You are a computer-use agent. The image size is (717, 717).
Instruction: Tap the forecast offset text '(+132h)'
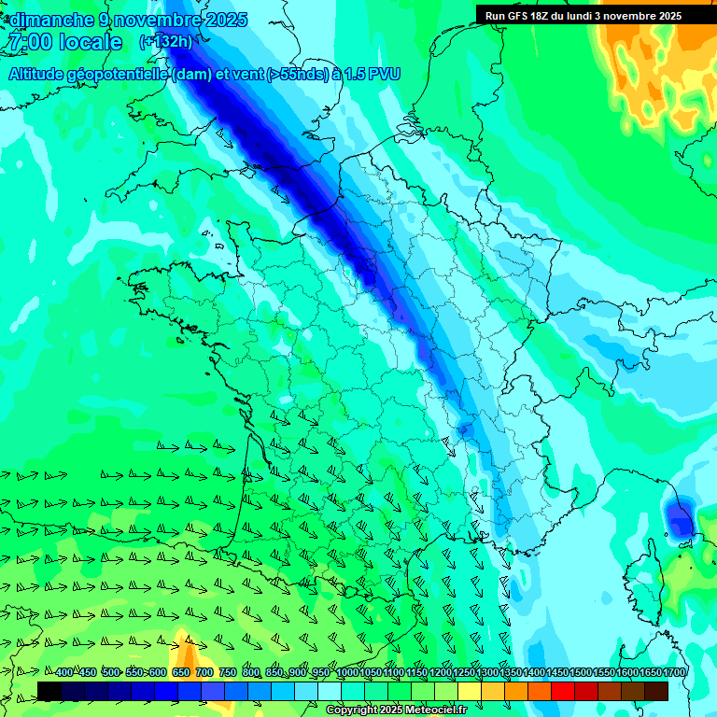[165, 41]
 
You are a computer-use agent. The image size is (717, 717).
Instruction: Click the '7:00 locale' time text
[64, 42]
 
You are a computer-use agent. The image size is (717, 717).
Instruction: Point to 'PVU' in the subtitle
[384, 75]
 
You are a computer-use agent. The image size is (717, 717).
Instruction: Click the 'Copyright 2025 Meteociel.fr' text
[396, 710]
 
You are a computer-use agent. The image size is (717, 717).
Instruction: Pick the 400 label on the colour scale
[63, 673]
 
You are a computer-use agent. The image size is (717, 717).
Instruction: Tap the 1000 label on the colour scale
[347, 673]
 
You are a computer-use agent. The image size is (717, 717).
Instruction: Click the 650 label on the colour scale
[181, 673]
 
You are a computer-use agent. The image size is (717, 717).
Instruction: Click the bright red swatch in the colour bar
[563, 691]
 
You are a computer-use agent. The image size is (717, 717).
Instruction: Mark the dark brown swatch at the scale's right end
[656, 691]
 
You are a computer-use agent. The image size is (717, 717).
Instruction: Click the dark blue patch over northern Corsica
[679, 516]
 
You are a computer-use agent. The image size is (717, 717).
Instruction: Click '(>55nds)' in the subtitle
[298, 75]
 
